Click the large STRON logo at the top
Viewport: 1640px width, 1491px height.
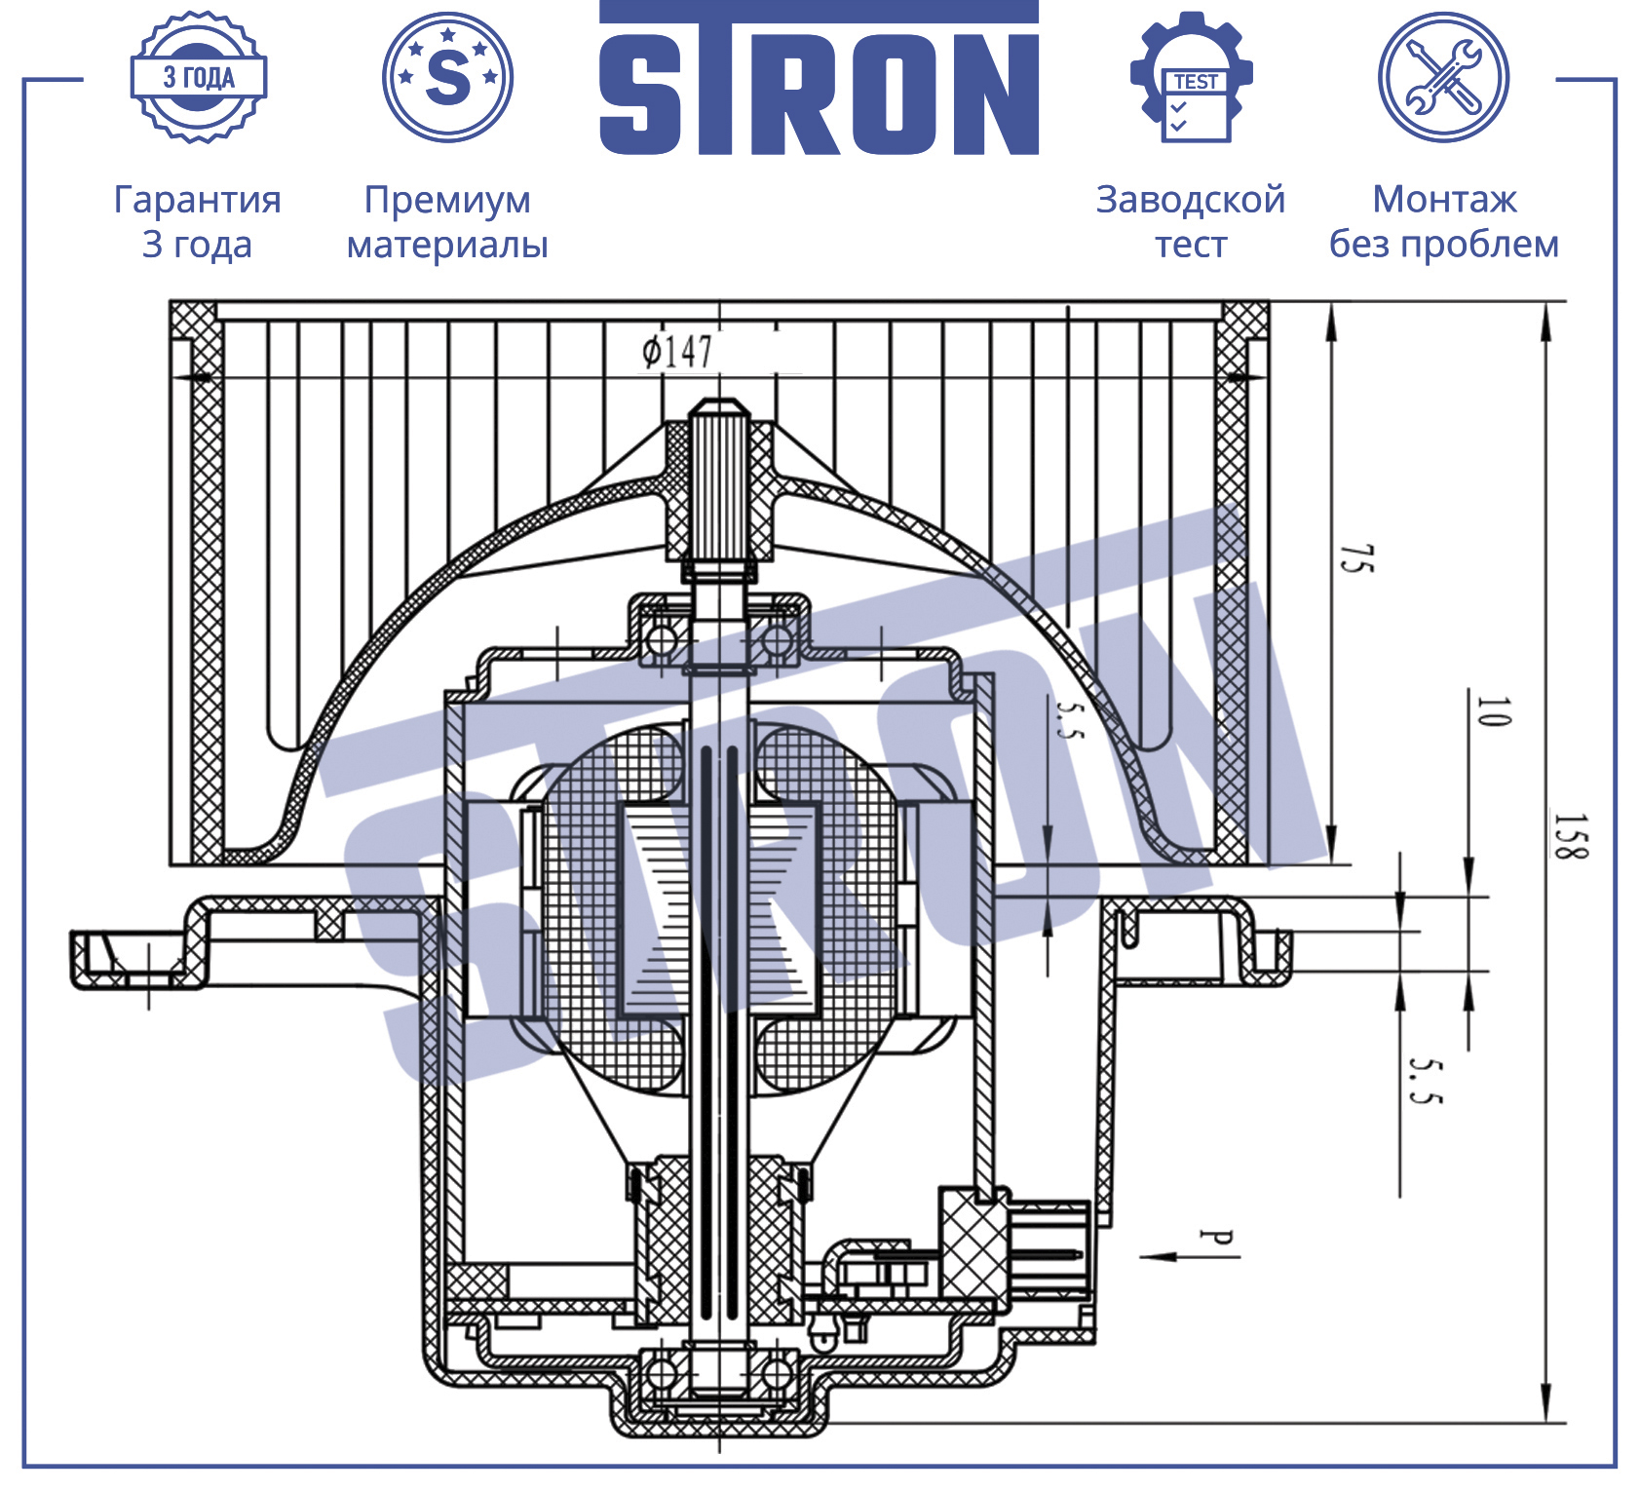(x=819, y=78)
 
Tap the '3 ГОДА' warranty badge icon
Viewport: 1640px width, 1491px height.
(x=199, y=78)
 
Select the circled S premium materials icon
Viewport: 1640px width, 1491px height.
(x=447, y=77)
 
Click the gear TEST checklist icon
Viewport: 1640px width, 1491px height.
(x=1191, y=77)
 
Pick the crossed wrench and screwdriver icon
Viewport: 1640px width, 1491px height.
(x=1443, y=77)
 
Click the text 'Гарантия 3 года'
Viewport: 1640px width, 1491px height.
(x=198, y=221)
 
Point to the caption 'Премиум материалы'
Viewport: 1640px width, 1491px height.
(x=447, y=221)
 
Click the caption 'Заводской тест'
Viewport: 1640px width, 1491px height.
(x=1191, y=221)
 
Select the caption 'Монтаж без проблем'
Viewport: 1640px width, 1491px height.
(x=1444, y=221)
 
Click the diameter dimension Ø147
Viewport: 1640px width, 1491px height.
(x=677, y=351)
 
